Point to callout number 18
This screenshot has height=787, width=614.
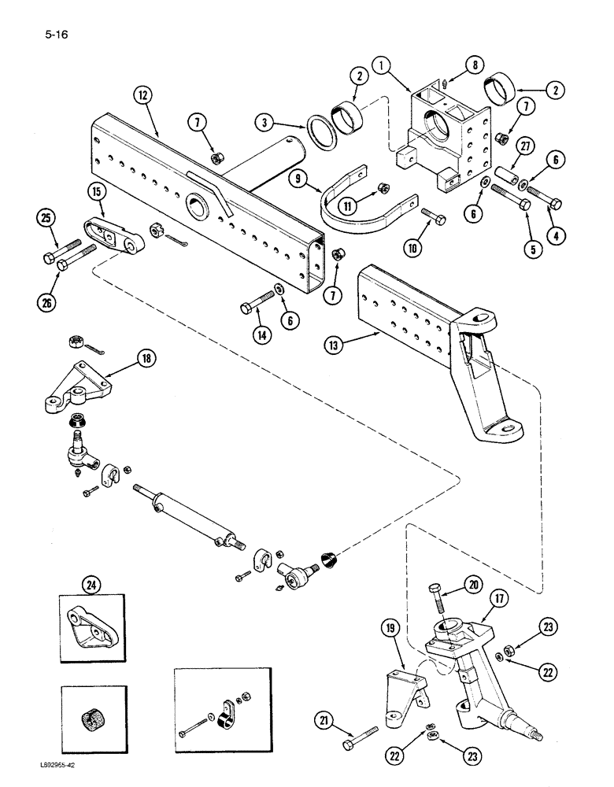144,360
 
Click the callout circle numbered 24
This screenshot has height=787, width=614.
92,585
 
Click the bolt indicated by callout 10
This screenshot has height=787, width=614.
434,216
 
